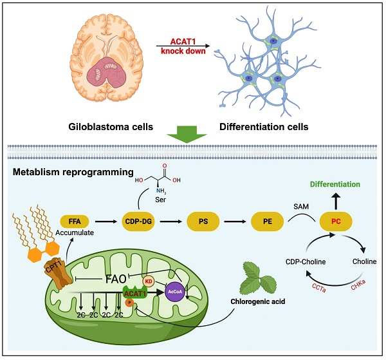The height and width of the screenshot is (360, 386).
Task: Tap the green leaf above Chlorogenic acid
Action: [x=257, y=276]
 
